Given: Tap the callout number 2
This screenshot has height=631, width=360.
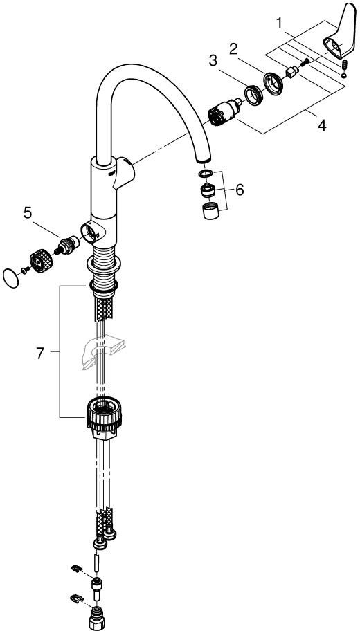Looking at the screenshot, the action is click(233, 50).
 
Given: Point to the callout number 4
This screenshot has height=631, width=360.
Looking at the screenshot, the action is click(321, 126).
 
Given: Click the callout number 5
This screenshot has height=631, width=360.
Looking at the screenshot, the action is click(28, 213).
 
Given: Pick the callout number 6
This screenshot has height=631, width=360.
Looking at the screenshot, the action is click(240, 190).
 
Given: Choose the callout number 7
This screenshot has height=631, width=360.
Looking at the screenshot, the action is click(40, 354).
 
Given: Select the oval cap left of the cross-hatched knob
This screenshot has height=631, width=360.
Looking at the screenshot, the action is click(10, 278).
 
